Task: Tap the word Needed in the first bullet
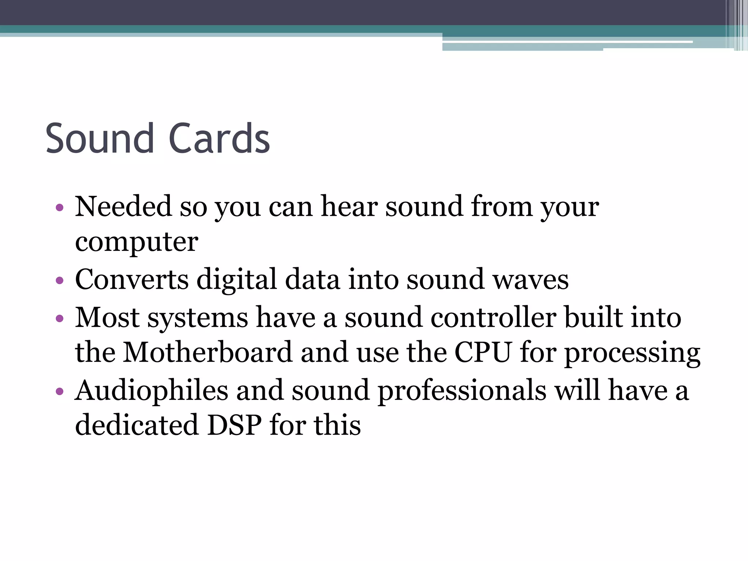[123, 207]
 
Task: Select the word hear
[349, 207]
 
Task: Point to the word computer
[137, 243]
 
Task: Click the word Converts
[132, 280]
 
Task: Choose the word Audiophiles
[151, 390]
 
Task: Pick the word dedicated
[137, 425]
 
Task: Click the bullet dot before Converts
[60, 281]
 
